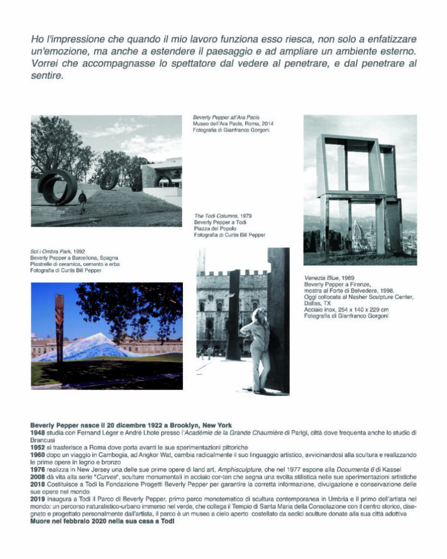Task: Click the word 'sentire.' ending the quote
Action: [x=47, y=76]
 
